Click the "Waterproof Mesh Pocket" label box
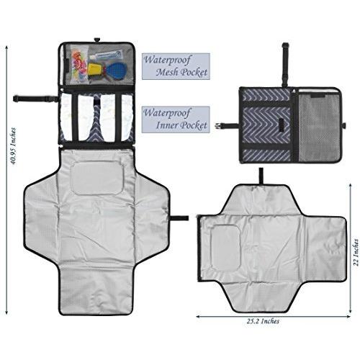coord(176,66)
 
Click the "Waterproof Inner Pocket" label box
coord(176,120)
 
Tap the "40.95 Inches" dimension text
coord(13,146)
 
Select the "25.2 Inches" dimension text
coord(263,321)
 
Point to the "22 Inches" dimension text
coord(356,252)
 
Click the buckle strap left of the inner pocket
coord(35,99)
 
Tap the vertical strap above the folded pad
coord(285,65)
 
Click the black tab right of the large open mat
coord(180,218)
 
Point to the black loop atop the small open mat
coord(261,176)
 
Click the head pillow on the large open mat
coord(98,178)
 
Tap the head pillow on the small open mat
coord(225,244)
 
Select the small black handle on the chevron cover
coord(282,125)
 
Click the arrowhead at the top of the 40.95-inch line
coord(6,48)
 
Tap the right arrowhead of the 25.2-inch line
coord(348,316)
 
